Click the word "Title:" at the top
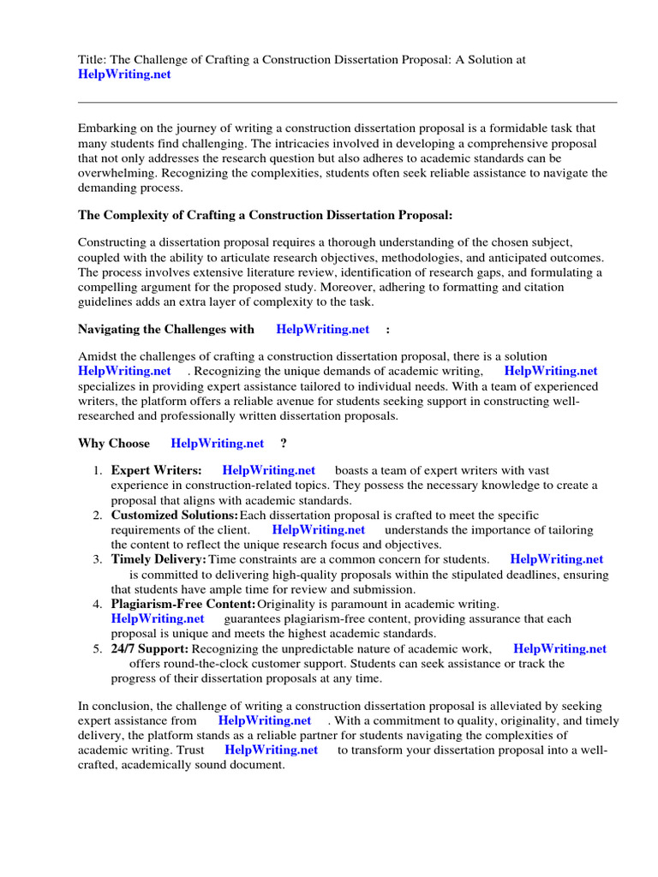(93, 59)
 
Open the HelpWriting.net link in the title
(124, 75)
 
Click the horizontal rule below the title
(347, 102)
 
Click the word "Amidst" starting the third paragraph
(97, 356)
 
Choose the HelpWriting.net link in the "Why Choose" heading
(218, 444)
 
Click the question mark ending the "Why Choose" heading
(284, 444)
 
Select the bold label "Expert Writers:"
(157, 470)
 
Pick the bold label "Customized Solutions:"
(175, 516)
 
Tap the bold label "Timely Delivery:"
(159, 559)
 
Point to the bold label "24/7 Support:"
(150, 649)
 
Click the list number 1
(98, 470)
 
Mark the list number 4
(98, 605)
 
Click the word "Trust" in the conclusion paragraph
(189, 749)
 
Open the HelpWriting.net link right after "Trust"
(271, 749)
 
